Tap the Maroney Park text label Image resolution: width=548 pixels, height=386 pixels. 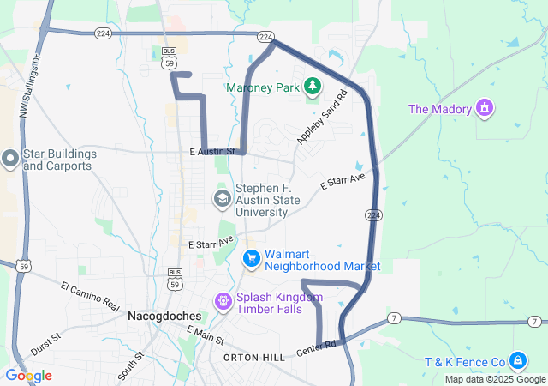point(265,87)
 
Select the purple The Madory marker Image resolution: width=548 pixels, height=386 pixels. point(485,109)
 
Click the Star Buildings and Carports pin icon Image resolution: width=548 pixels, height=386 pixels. point(10,159)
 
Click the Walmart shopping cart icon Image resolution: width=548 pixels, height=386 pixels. point(251,258)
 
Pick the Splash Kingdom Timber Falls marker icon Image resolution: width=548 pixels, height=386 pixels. point(223,301)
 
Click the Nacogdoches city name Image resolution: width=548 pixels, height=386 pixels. point(164,316)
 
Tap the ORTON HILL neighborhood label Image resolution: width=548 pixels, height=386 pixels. point(253,356)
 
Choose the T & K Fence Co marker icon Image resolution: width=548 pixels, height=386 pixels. point(518,360)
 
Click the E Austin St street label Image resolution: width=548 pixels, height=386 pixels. point(212,151)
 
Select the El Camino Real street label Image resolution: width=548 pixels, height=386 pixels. point(90,294)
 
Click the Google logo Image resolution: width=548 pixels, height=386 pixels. point(27,376)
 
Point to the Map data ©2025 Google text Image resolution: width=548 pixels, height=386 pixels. point(495,379)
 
